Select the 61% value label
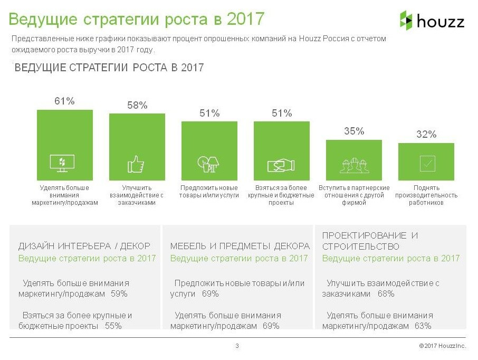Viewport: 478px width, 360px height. pos(64,101)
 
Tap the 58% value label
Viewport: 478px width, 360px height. pos(137,105)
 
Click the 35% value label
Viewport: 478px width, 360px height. pos(354,131)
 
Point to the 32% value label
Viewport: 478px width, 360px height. pos(426,135)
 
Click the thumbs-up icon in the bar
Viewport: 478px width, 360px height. pos(136,164)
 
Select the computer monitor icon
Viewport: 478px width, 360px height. pos(62,163)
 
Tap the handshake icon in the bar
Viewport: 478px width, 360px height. pos(281,165)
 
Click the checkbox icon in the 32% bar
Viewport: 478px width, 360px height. pos(426,164)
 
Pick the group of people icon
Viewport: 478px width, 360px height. pos(353,164)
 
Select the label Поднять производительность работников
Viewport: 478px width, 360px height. pos(426,195)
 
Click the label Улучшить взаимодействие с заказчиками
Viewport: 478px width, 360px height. pos(137,195)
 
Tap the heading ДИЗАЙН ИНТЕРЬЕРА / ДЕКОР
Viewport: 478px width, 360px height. pos(84,246)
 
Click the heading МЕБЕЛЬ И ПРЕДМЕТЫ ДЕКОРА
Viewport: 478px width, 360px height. pos(240,246)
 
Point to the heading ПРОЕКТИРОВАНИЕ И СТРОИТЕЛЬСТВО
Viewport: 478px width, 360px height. pos(370,241)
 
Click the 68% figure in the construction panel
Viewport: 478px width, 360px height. pos(386,294)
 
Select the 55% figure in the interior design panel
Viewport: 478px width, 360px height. pos(113,326)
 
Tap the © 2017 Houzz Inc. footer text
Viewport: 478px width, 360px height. pos(442,346)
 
